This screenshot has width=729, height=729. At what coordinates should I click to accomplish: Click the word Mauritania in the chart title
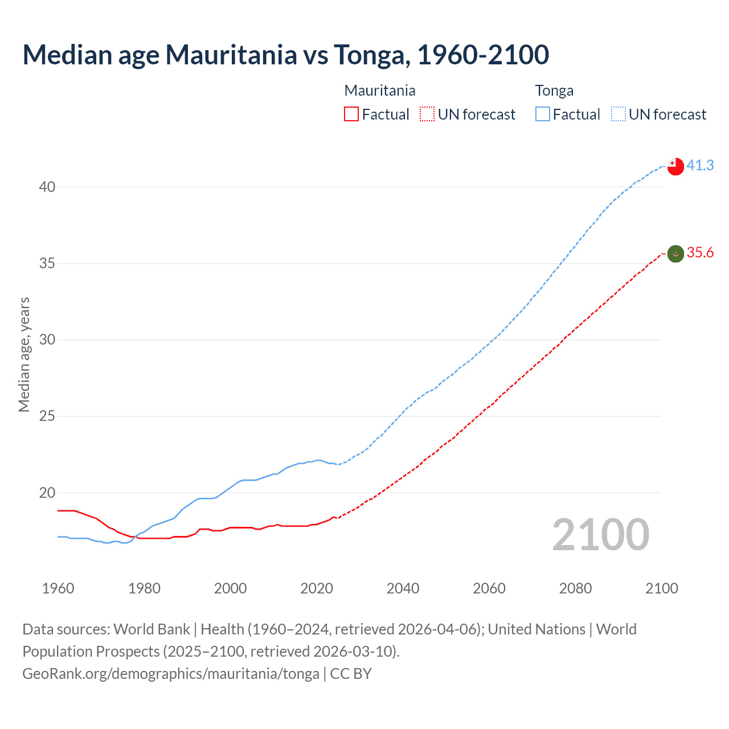pos(231,55)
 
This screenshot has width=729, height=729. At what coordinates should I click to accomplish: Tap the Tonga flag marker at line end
pos(675,166)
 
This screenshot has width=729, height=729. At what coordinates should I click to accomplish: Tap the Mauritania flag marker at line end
pos(675,253)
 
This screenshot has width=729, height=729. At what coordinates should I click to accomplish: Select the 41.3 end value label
pos(700,165)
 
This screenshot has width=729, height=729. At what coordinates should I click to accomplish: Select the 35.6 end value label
pos(700,252)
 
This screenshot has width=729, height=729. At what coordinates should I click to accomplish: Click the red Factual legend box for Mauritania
pos(351,114)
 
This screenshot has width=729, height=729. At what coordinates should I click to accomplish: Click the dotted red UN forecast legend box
pos(427,114)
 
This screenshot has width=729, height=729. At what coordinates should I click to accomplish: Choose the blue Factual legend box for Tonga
pos(543,114)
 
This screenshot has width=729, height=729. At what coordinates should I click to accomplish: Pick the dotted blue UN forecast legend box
pos(618,114)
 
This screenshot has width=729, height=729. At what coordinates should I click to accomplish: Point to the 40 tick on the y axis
pos(47,187)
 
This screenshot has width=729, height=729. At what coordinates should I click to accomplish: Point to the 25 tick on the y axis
pos(47,416)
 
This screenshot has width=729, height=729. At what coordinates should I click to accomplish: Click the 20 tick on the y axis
pos(47,493)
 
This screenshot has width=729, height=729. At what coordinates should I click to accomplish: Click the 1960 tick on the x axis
pos(58,588)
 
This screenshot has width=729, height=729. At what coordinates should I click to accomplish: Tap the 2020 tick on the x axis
pos(317,588)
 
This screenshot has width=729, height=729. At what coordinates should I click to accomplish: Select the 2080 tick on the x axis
pos(575,588)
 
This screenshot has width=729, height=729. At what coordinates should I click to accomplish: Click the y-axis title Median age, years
pos(24,354)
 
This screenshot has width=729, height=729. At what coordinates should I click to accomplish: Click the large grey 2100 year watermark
pos(601,535)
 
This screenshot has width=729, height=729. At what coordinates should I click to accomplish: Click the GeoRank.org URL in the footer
pos(171,674)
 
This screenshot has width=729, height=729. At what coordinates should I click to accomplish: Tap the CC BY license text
pos(351,674)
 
